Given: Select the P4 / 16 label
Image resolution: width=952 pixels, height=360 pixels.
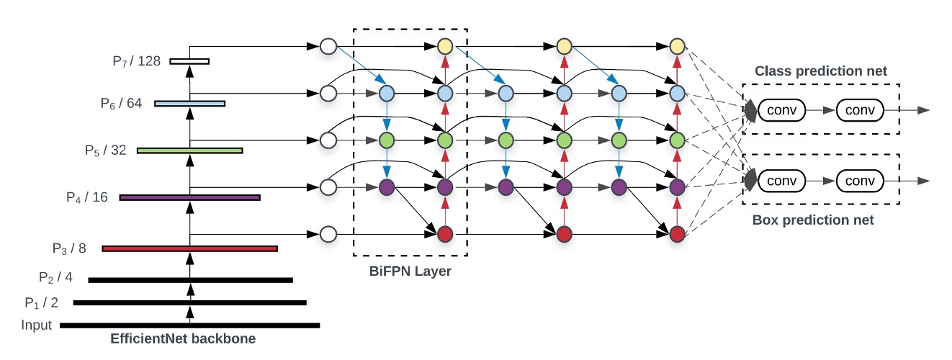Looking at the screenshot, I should pos(85,197).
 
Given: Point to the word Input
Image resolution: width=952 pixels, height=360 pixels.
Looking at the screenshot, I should pos(37,325).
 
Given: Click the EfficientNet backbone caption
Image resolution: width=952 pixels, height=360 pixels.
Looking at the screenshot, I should pos(183,338).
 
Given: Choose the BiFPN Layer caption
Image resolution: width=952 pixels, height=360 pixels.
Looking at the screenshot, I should pos(410,271).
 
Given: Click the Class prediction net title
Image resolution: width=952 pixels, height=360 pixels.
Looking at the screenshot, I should pos(820,71).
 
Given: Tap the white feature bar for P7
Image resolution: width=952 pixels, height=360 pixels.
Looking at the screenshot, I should pos(189,61).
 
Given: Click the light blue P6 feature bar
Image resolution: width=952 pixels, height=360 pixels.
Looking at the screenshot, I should pos(189,104).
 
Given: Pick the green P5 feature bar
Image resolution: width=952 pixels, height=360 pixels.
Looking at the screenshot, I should pos(189,150).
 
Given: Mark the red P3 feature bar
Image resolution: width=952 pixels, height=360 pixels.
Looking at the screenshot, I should pos(189,248).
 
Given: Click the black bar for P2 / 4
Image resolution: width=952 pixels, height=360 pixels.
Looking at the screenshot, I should pos(190,279).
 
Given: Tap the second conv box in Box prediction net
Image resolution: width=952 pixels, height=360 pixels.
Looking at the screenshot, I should pos(861,180).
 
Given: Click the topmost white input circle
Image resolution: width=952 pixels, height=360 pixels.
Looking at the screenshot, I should pos(328,47).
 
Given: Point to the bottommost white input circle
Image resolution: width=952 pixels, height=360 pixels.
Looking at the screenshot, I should pos(328,234).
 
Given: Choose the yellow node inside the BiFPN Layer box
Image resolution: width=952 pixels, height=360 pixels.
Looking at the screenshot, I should pos(444,47).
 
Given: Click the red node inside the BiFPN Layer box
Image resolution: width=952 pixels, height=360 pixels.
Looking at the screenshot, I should pos(444,234).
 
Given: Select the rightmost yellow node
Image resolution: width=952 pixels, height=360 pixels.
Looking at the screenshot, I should pos(676,47).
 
